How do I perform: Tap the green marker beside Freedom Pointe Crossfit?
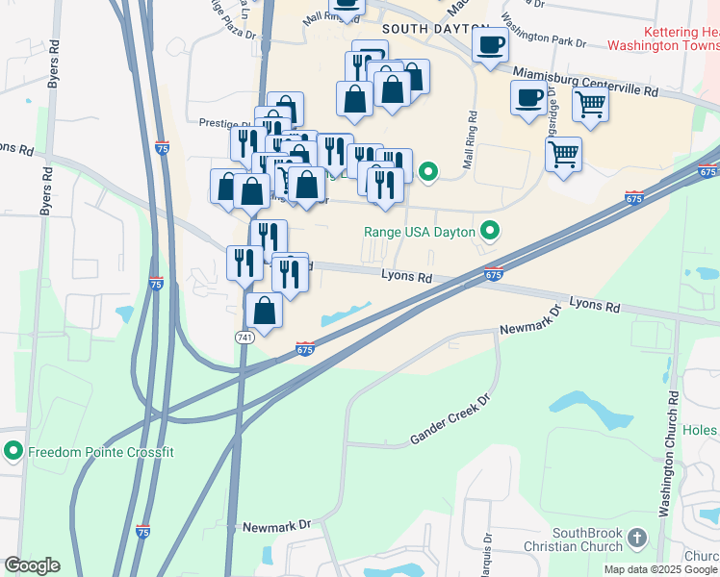(13, 450)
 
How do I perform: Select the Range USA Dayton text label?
(420, 232)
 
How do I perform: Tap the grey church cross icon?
(637, 539)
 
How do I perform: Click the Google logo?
(32, 565)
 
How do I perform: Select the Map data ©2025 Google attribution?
(660, 569)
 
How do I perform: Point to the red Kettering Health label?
(670, 31)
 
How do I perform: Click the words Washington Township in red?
(664, 45)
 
